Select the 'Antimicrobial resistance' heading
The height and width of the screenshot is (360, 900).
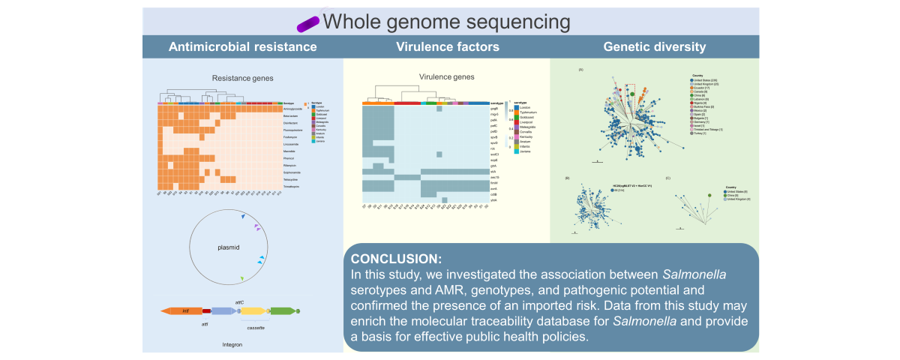point(242,46)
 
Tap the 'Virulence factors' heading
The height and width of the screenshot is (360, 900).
point(448,46)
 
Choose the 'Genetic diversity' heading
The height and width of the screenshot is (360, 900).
point(654,46)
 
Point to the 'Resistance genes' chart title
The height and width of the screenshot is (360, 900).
point(242,77)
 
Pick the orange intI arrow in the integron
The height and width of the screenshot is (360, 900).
point(180,310)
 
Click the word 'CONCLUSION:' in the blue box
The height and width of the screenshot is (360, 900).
point(389,259)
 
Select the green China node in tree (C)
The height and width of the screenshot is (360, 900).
point(709,196)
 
